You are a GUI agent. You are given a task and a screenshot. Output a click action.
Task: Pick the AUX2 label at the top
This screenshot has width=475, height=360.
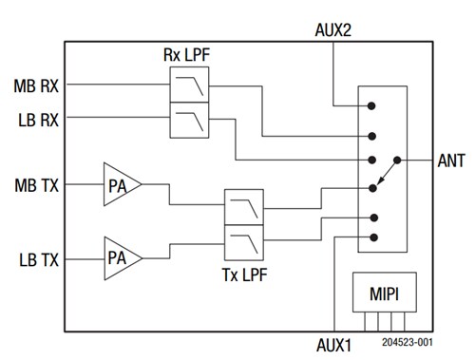pos(333,30)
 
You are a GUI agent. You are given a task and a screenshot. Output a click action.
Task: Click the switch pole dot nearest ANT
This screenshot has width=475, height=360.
pos(396,160)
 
